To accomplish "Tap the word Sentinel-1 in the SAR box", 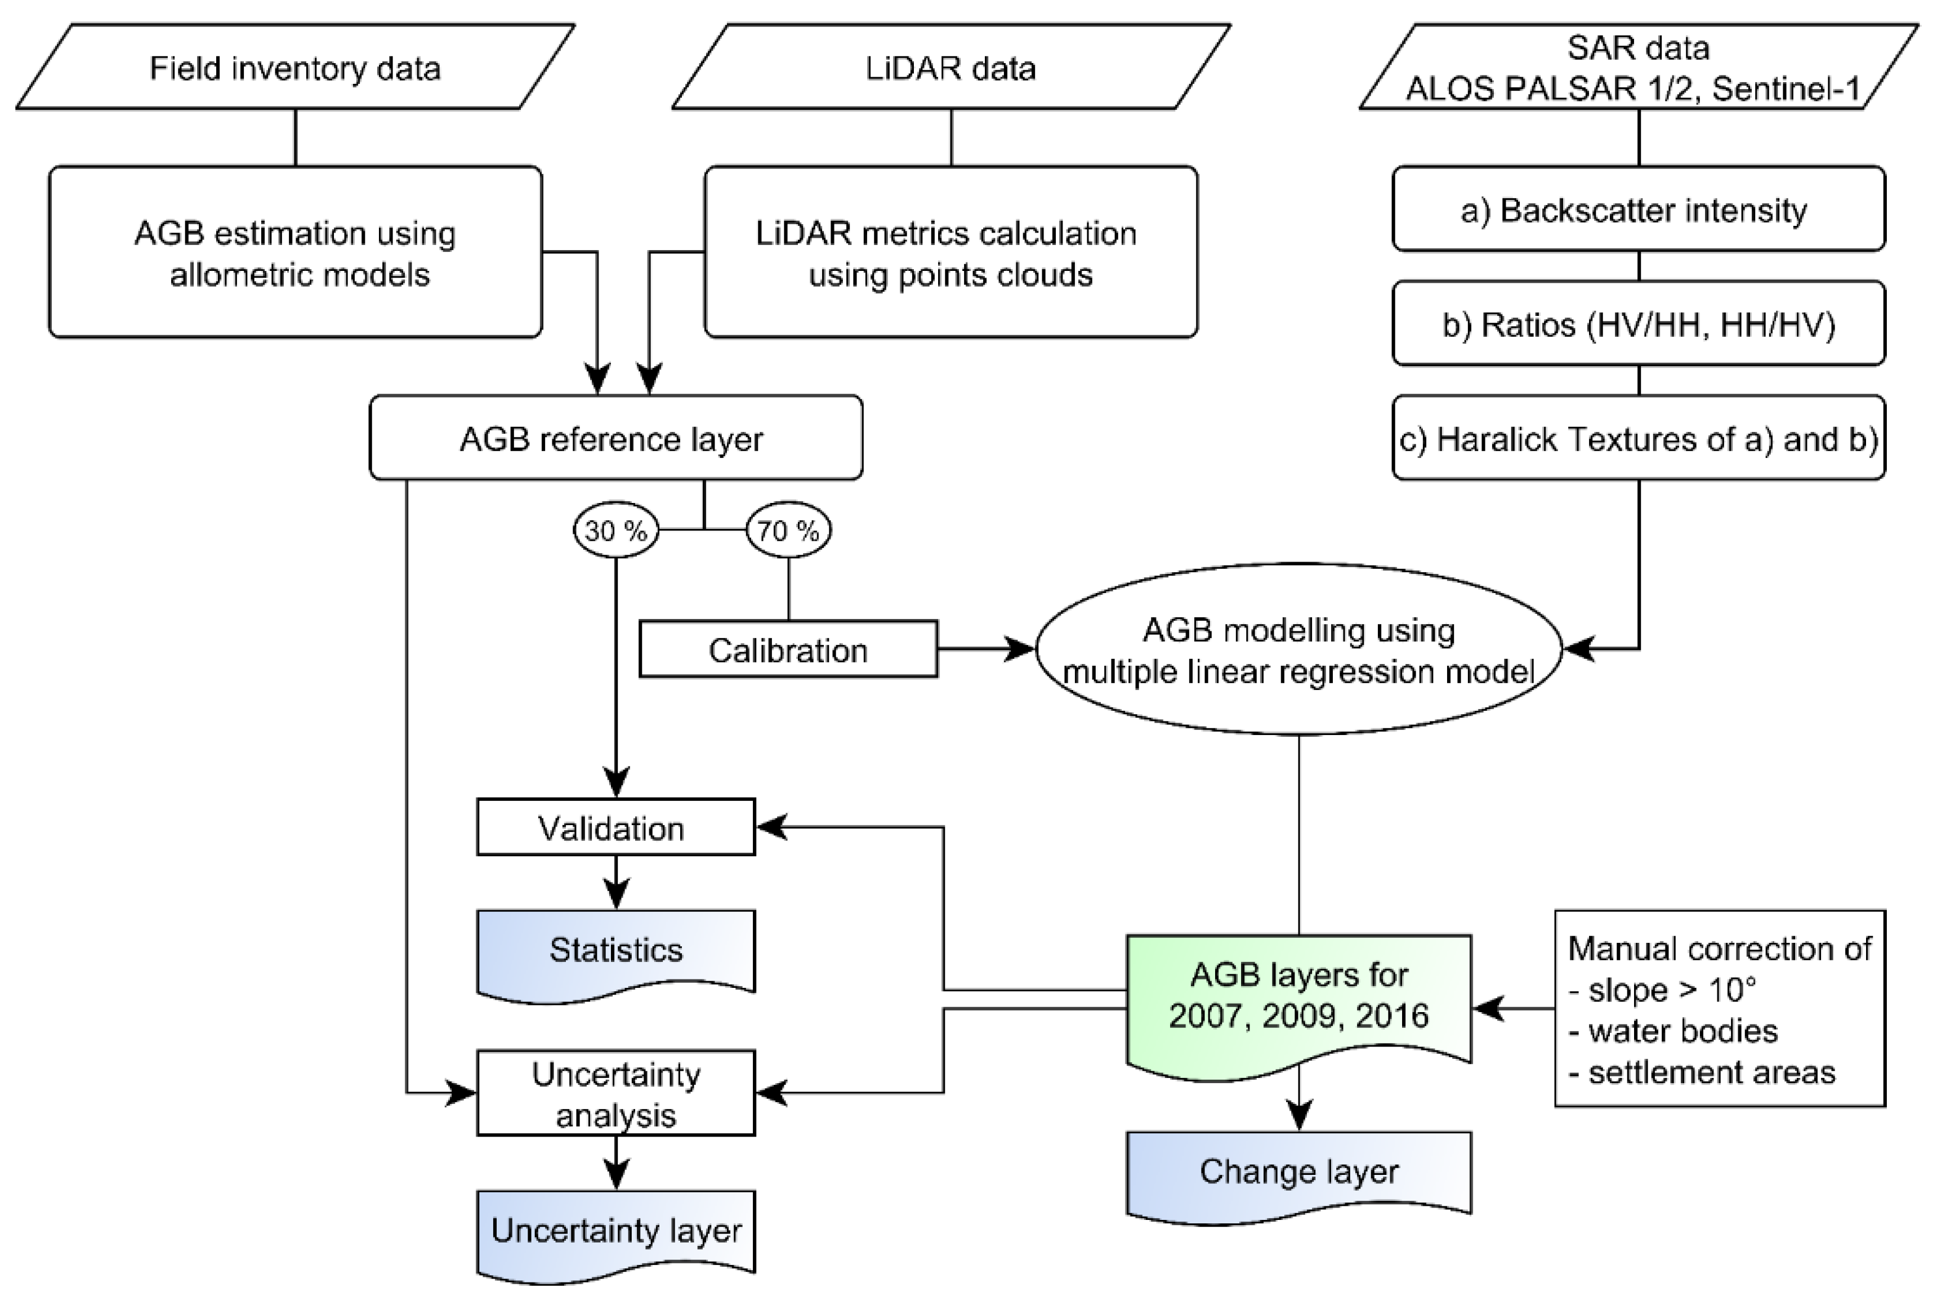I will tap(1786, 89).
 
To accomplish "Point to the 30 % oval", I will tap(615, 530).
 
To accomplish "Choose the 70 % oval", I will tap(788, 530).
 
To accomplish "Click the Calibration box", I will tap(788, 649).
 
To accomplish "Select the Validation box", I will tap(615, 827).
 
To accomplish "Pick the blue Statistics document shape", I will tap(615, 951).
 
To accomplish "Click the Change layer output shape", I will tap(1299, 1172).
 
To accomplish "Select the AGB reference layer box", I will tap(615, 438).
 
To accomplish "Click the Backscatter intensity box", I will tap(1639, 209).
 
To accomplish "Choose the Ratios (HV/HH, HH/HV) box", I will tap(1639, 324).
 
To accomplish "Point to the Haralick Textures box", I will tap(1639, 438).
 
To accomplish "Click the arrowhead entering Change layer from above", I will tap(1299, 1115).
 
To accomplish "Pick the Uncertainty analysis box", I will tap(615, 1094).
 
